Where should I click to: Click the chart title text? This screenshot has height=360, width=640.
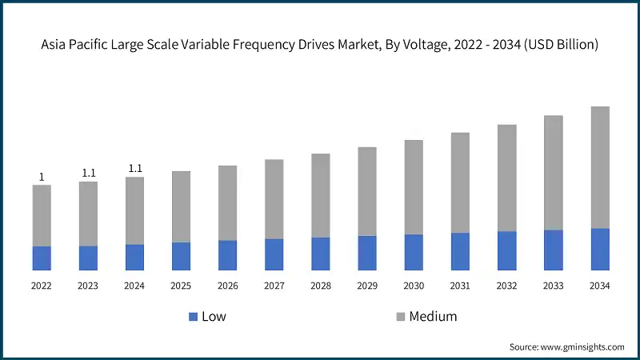pyautogui.click(x=320, y=45)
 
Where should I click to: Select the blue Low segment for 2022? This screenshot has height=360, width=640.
pyautogui.click(x=42, y=258)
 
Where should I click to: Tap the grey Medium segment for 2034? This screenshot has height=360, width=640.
pyautogui.click(x=600, y=167)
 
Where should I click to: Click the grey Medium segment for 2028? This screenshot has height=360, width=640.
pyautogui.click(x=321, y=195)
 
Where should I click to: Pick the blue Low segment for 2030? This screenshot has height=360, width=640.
pyautogui.click(x=414, y=252)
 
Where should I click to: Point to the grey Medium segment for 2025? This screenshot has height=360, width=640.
pyautogui.click(x=181, y=206)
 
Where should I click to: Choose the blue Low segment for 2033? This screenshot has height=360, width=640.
pyautogui.click(x=554, y=250)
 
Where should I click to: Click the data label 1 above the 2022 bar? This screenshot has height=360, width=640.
pyautogui.click(x=42, y=177)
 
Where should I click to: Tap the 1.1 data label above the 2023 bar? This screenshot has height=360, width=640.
pyautogui.click(x=88, y=173)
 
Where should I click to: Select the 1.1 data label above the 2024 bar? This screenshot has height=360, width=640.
pyautogui.click(x=134, y=168)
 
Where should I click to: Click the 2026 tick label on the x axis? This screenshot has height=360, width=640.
pyautogui.click(x=227, y=285)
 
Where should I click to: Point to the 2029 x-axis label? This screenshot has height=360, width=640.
pyautogui.click(x=367, y=285)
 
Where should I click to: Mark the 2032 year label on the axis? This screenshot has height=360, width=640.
pyautogui.click(x=506, y=285)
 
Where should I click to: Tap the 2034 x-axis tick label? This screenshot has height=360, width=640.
pyautogui.click(x=600, y=285)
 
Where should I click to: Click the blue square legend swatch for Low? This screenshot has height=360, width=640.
pyautogui.click(x=193, y=317)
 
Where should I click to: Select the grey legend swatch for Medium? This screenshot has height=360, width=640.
pyautogui.click(x=400, y=317)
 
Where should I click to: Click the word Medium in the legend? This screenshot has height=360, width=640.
pyautogui.click(x=433, y=317)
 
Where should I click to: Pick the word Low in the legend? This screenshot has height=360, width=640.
pyautogui.click(x=214, y=317)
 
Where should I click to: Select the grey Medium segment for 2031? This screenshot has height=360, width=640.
pyautogui.click(x=460, y=182)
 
